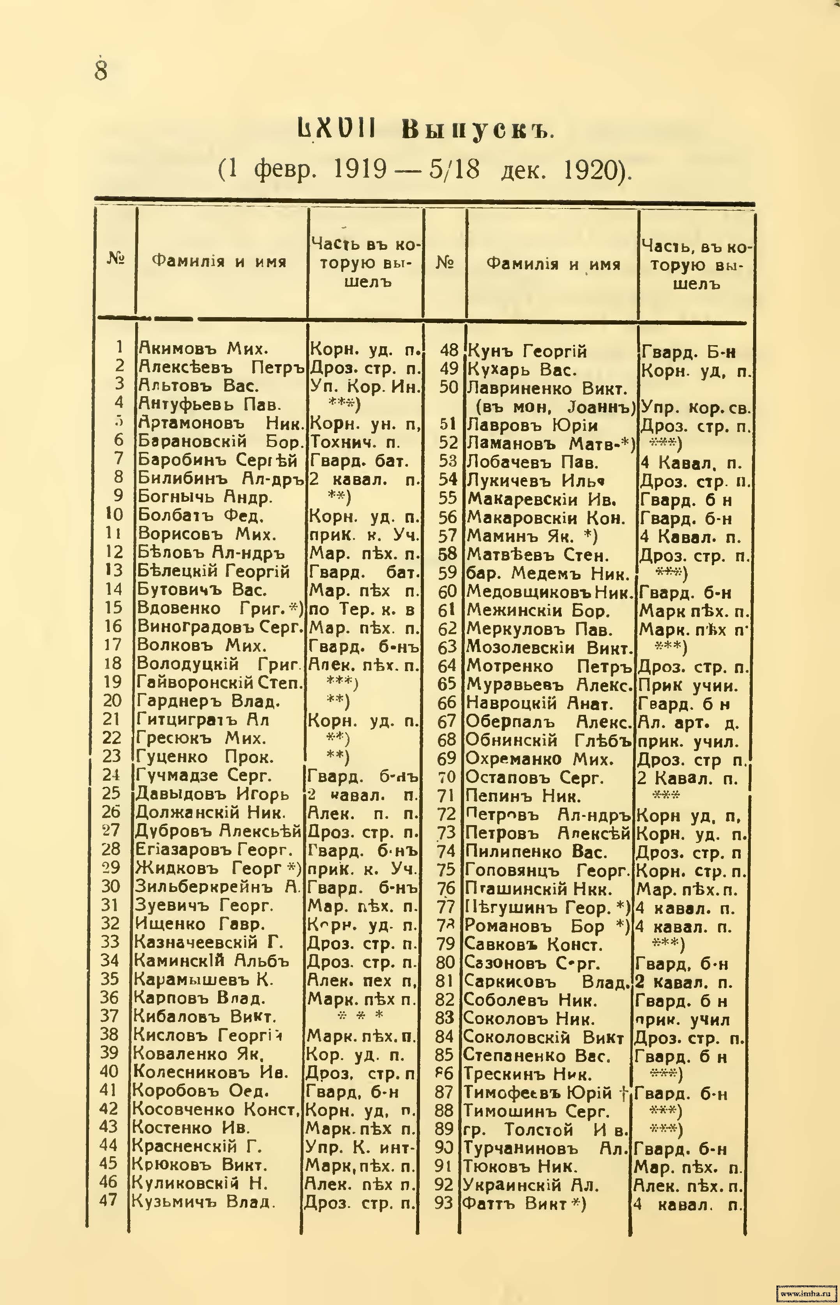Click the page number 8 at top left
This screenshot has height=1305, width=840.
[x=101, y=69]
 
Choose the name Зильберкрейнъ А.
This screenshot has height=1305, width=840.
[x=217, y=886]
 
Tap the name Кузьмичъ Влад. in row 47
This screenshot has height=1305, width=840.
[x=202, y=1201]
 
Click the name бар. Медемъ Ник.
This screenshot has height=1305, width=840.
[x=548, y=574]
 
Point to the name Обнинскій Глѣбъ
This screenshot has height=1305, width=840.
[x=548, y=741]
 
